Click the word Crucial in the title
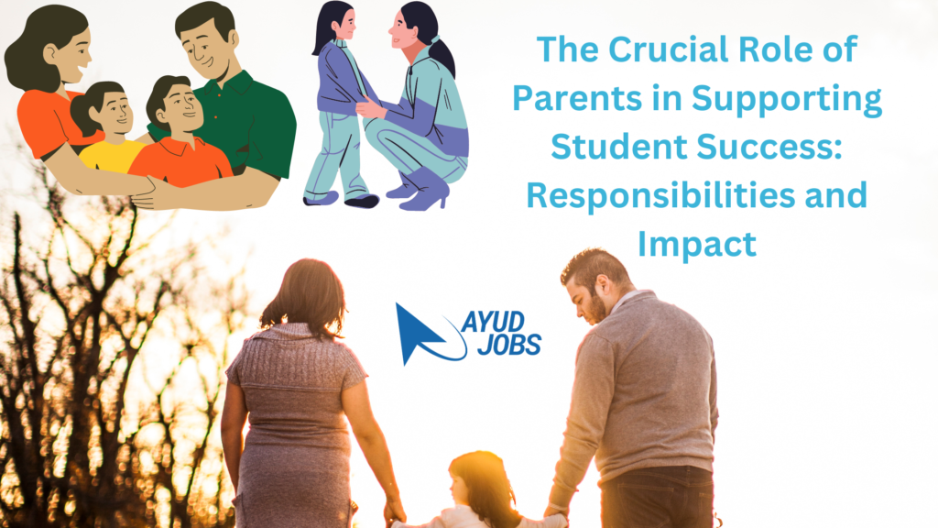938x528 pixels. click(x=669, y=49)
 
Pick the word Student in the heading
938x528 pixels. click(x=618, y=147)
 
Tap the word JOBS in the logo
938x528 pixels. click(x=509, y=345)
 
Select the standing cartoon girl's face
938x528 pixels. click(x=345, y=23)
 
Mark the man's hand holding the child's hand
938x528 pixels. click(x=555, y=512)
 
